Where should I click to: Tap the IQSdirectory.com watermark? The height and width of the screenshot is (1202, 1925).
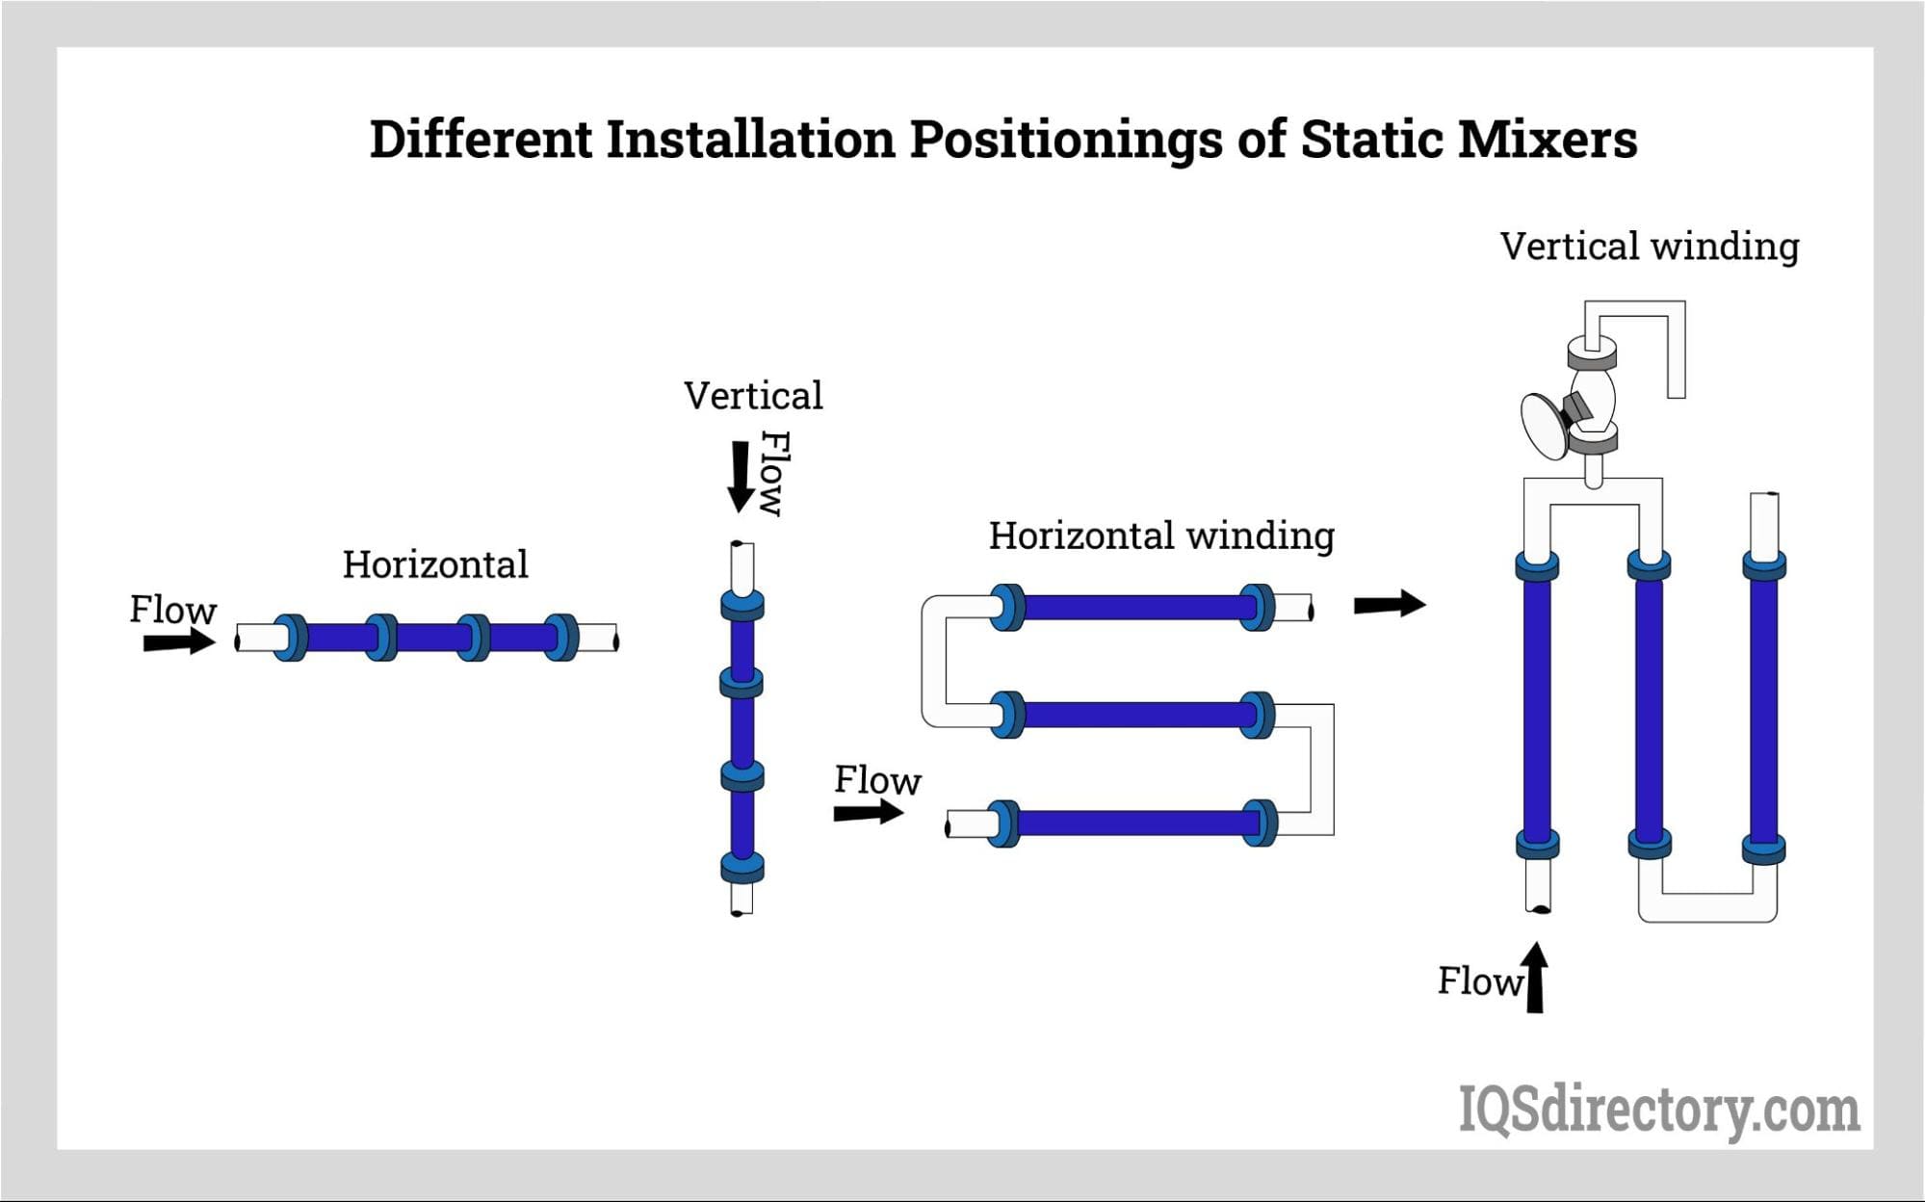click(x=1659, y=1110)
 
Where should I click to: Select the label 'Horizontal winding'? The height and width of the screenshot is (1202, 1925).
click(x=1161, y=536)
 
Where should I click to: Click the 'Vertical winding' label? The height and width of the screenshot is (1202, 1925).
click(x=1650, y=247)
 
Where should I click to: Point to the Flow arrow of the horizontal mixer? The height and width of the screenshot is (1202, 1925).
click(x=180, y=640)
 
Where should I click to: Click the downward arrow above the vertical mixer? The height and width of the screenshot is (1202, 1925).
click(x=741, y=477)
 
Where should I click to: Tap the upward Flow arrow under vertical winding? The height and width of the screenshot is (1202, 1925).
click(x=1535, y=977)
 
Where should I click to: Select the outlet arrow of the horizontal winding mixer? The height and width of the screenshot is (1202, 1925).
click(x=1390, y=604)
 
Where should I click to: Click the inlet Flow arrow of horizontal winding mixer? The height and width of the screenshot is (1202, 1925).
click(x=869, y=812)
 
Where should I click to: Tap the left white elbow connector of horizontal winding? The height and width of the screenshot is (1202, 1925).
click(x=935, y=661)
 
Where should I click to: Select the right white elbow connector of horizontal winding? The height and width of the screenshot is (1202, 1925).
click(x=1320, y=769)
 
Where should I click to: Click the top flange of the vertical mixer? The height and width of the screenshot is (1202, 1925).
click(x=741, y=604)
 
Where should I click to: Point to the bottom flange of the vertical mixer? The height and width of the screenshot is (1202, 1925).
click(x=741, y=868)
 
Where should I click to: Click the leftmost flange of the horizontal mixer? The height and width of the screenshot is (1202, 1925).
click(x=290, y=638)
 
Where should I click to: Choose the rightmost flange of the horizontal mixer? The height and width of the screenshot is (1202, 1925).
click(x=561, y=638)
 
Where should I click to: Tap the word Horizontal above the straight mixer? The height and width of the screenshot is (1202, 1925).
click(x=435, y=564)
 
